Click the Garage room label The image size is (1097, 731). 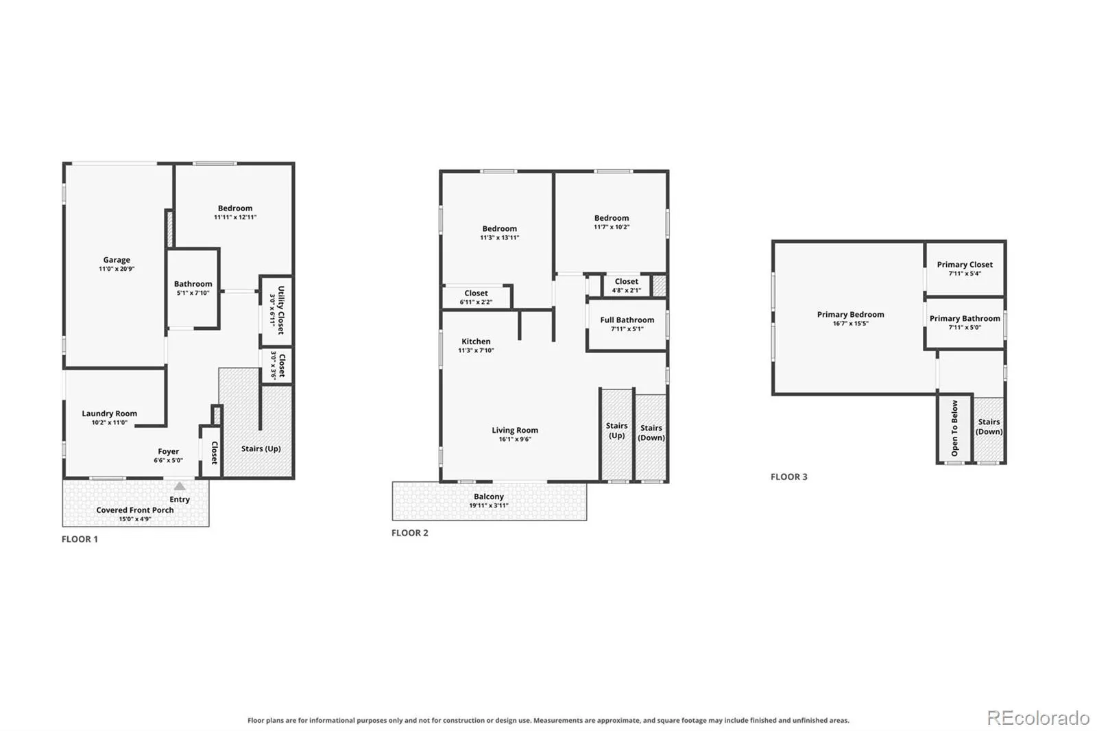coord(117,260)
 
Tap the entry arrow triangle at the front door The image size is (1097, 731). coord(180,486)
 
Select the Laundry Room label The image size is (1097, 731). coord(109,414)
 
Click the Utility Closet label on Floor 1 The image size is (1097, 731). coord(280,310)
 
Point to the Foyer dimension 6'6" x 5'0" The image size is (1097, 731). coord(169,461)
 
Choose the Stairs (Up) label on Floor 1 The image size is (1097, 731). coord(261,448)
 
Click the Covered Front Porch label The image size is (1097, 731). coord(135,510)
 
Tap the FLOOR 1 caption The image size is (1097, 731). coord(80,540)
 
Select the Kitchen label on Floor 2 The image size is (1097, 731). coord(476,341)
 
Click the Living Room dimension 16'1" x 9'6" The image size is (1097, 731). coord(515,440)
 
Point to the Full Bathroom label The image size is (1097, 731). coord(627,320)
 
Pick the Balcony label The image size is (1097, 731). coord(489,496)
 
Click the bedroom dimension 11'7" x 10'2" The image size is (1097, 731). coord(612,228)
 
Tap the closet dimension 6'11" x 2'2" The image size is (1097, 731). coord(476,302)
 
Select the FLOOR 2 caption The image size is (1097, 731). coord(410,533)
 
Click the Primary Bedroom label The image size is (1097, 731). coord(851,315)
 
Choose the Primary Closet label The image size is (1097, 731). coord(965,265)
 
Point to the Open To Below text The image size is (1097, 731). coord(954,428)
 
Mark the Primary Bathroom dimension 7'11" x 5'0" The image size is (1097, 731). coord(965,328)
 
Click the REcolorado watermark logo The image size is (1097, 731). coord(1038,718)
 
